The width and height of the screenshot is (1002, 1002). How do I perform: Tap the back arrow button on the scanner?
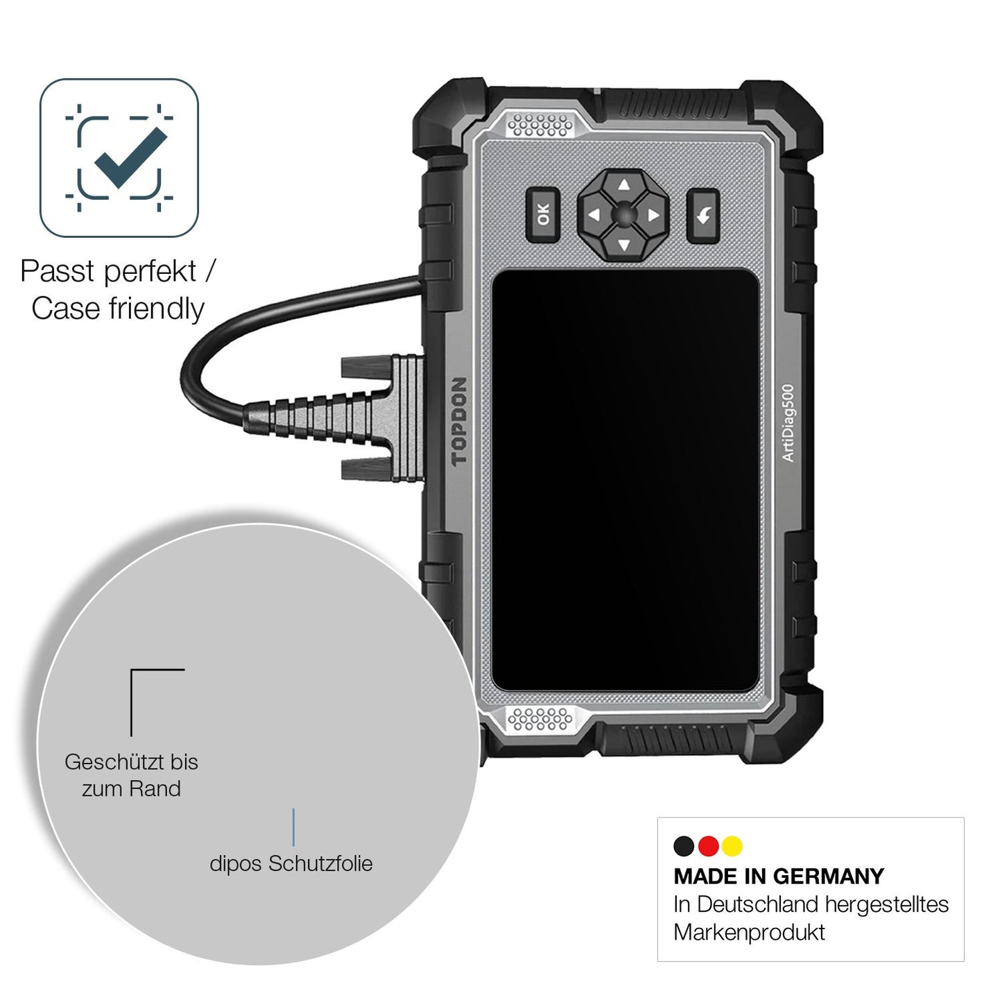pyautogui.click(x=702, y=215)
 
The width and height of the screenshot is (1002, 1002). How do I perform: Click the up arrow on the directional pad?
pyautogui.click(x=625, y=185)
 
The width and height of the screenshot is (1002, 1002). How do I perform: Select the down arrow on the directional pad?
pyautogui.click(x=625, y=244)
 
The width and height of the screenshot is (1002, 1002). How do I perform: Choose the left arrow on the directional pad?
pyautogui.click(x=594, y=214)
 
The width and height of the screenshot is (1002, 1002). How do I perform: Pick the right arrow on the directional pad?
pyautogui.click(x=654, y=214)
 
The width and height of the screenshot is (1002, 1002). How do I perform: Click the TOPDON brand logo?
pyautogui.click(x=459, y=421)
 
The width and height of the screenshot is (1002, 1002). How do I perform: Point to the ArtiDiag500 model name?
pyautogui.click(x=788, y=423)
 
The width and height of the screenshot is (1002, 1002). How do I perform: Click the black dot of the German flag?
pyautogui.click(x=684, y=846)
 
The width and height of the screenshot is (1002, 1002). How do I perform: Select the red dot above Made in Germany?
pyautogui.click(x=708, y=846)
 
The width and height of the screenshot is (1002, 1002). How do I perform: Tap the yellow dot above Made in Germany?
pyautogui.click(x=732, y=846)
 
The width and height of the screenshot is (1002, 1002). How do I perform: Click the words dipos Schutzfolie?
pyautogui.click(x=291, y=864)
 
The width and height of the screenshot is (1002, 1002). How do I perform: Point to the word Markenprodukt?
pyautogui.click(x=750, y=933)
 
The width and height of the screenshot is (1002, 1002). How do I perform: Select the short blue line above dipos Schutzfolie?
pyautogui.click(x=294, y=827)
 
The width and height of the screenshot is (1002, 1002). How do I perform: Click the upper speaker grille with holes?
pyautogui.click(x=539, y=126)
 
